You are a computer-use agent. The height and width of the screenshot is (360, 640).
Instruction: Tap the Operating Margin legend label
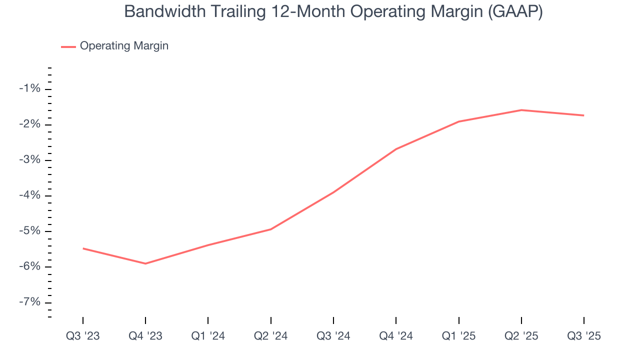124,46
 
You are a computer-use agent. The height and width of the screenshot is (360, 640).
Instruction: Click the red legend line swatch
68,46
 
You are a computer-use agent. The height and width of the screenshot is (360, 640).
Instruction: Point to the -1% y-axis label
29,89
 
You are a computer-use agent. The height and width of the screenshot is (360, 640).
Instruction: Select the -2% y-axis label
29,124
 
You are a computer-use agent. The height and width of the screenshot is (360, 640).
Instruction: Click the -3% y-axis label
29,160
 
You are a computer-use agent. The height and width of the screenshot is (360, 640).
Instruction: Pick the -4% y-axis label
29,195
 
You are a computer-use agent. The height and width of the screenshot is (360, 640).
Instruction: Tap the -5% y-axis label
29,231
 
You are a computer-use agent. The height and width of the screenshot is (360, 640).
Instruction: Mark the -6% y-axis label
29,266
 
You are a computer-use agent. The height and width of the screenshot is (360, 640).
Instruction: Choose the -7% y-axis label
29,302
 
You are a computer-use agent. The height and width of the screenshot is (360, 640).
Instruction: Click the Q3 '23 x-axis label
83,336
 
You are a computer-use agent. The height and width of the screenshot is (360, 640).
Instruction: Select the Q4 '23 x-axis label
145,336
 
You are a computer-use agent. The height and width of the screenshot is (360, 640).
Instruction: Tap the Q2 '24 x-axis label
271,336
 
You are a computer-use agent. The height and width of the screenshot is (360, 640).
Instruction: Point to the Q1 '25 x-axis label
458,336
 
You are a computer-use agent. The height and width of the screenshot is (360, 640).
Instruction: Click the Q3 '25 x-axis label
583,336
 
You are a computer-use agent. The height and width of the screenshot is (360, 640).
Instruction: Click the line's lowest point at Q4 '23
145,263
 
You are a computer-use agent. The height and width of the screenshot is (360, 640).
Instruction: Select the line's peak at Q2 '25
521,110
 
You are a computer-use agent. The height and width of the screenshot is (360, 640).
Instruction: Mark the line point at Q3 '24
333,192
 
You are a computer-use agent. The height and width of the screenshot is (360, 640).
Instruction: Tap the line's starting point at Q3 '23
83,248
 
